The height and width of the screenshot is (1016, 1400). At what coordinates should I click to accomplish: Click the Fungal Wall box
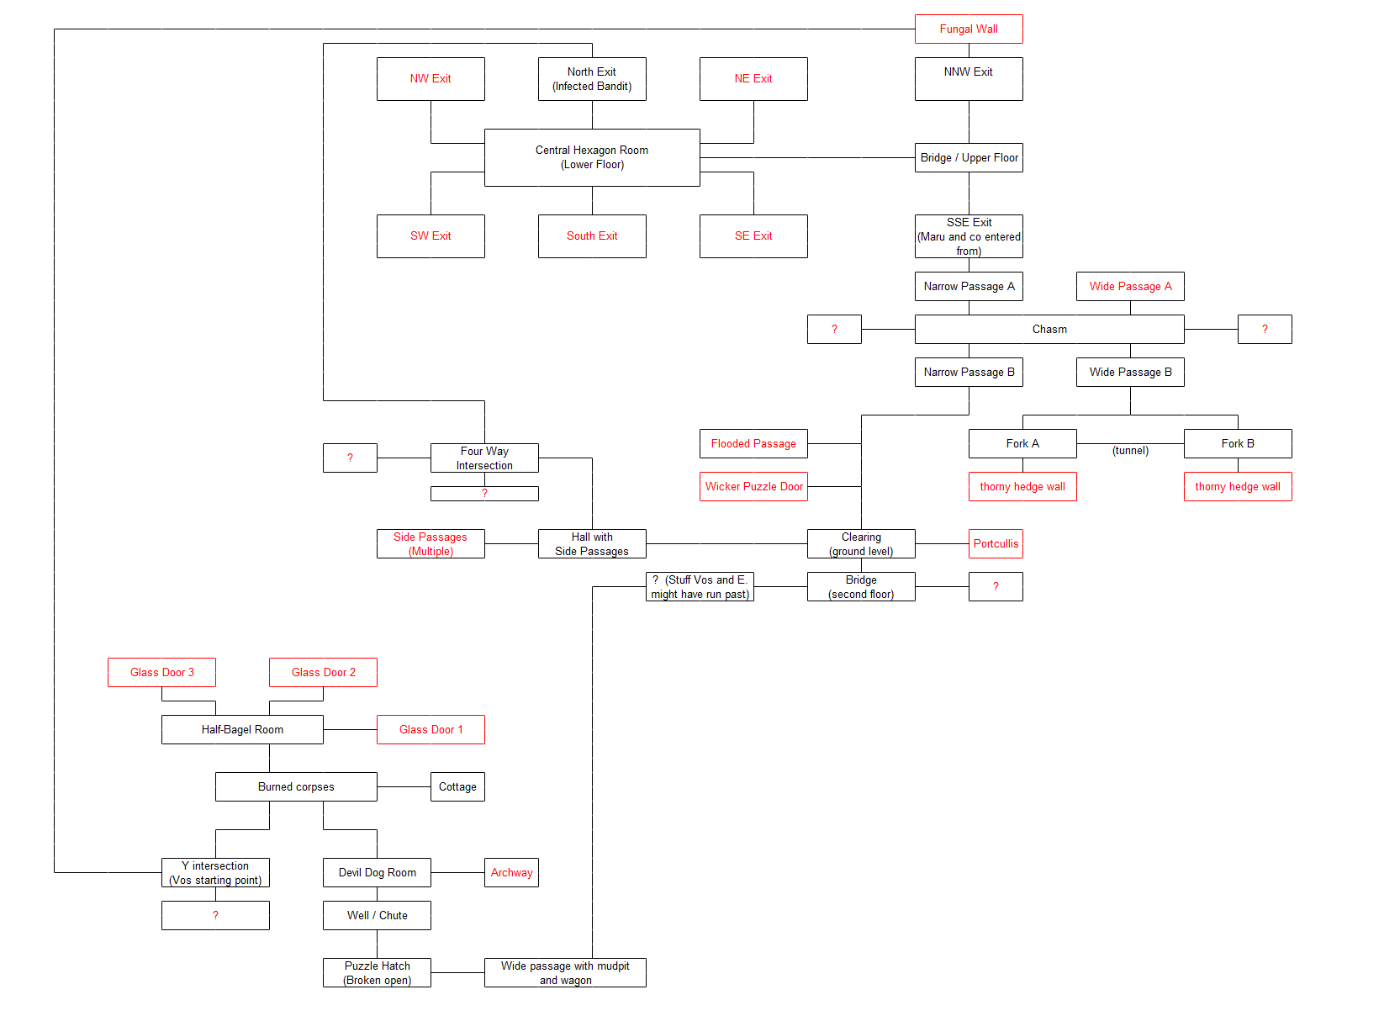tap(969, 29)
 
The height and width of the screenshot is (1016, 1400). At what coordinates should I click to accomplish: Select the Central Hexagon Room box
tap(592, 157)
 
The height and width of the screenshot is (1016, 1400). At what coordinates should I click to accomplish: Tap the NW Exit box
tap(431, 78)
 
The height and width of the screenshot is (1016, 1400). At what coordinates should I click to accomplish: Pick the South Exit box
tap(592, 235)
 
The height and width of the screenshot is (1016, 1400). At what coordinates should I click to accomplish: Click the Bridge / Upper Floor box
tap(969, 157)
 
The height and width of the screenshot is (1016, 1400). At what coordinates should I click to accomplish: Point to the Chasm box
tap(1049, 329)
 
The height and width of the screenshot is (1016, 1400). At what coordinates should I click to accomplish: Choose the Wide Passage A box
tap(1130, 286)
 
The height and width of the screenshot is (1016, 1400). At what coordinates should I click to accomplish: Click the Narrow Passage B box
tap(969, 372)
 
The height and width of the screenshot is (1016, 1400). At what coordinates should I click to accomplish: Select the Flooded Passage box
tap(753, 443)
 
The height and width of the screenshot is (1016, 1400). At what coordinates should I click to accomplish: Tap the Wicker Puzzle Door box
tap(753, 486)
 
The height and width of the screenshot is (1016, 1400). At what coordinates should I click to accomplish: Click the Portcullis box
tap(996, 543)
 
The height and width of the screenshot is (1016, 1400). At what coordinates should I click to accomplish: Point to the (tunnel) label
tap(1130, 451)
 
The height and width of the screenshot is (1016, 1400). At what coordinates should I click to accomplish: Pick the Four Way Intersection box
tap(484, 458)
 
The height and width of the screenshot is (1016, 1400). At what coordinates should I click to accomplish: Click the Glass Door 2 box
tap(323, 672)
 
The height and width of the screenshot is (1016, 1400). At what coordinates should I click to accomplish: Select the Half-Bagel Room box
tap(242, 729)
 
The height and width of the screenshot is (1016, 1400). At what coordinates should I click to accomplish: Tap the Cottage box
tap(457, 786)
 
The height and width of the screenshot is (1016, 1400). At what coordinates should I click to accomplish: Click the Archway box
tap(511, 872)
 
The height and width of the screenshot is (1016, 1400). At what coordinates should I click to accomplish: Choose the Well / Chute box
tap(377, 915)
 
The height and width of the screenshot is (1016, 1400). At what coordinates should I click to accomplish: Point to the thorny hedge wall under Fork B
tap(1238, 486)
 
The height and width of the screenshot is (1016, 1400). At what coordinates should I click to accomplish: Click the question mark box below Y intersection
tap(215, 915)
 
